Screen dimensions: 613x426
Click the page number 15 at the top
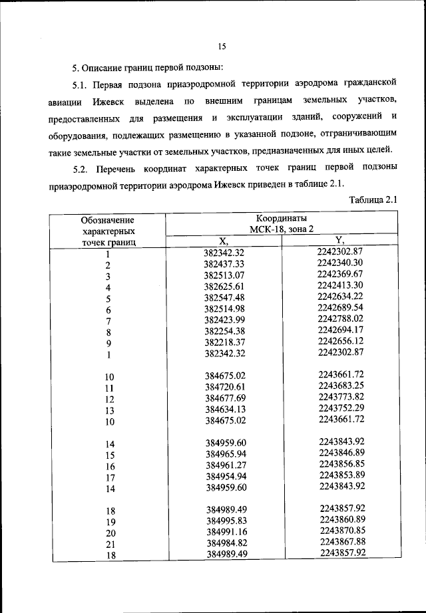pyautogui.click(x=222, y=46)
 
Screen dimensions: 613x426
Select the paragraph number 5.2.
pyautogui.click(x=81, y=166)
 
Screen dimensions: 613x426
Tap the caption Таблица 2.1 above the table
pyautogui.click(x=373, y=199)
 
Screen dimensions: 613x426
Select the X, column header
pyautogui.click(x=224, y=241)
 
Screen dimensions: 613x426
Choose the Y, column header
pyautogui.click(x=339, y=241)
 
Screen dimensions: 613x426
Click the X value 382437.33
pyautogui.click(x=225, y=264)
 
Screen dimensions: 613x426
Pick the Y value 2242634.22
pyautogui.click(x=339, y=296)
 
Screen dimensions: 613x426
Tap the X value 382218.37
pyautogui.click(x=225, y=342)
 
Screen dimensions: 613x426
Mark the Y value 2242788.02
pyautogui.click(x=339, y=318)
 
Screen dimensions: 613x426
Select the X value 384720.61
pyautogui.click(x=225, y=387)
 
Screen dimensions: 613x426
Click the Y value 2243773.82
pyautogui.click(x=339, y=396)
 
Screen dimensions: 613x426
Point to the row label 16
pyautogui.click(x=110, y=467)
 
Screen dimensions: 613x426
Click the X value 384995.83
pyautogui.click(x=225, y=520)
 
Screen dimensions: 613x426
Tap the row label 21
pyautogui.click(x=110, y=544)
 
